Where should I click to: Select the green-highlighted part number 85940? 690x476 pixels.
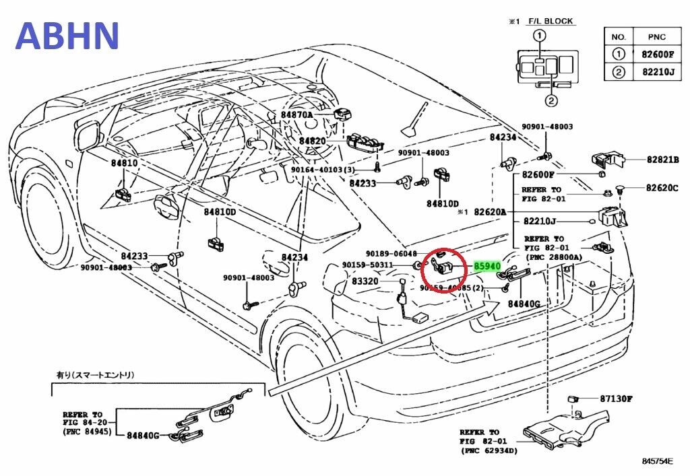pos(487,267)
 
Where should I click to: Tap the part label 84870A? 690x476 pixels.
pos(297,115)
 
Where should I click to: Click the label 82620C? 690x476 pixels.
pos(662,188)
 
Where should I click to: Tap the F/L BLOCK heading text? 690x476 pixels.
pos(550,22)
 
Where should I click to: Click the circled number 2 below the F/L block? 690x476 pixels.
pos(551,102)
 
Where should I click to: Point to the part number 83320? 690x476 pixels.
pos(365,281)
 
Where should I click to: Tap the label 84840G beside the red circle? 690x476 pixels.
pos(524,304)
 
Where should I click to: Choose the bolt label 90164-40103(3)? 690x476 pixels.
pos(322,170)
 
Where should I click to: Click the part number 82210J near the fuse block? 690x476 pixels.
pos(540,221)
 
